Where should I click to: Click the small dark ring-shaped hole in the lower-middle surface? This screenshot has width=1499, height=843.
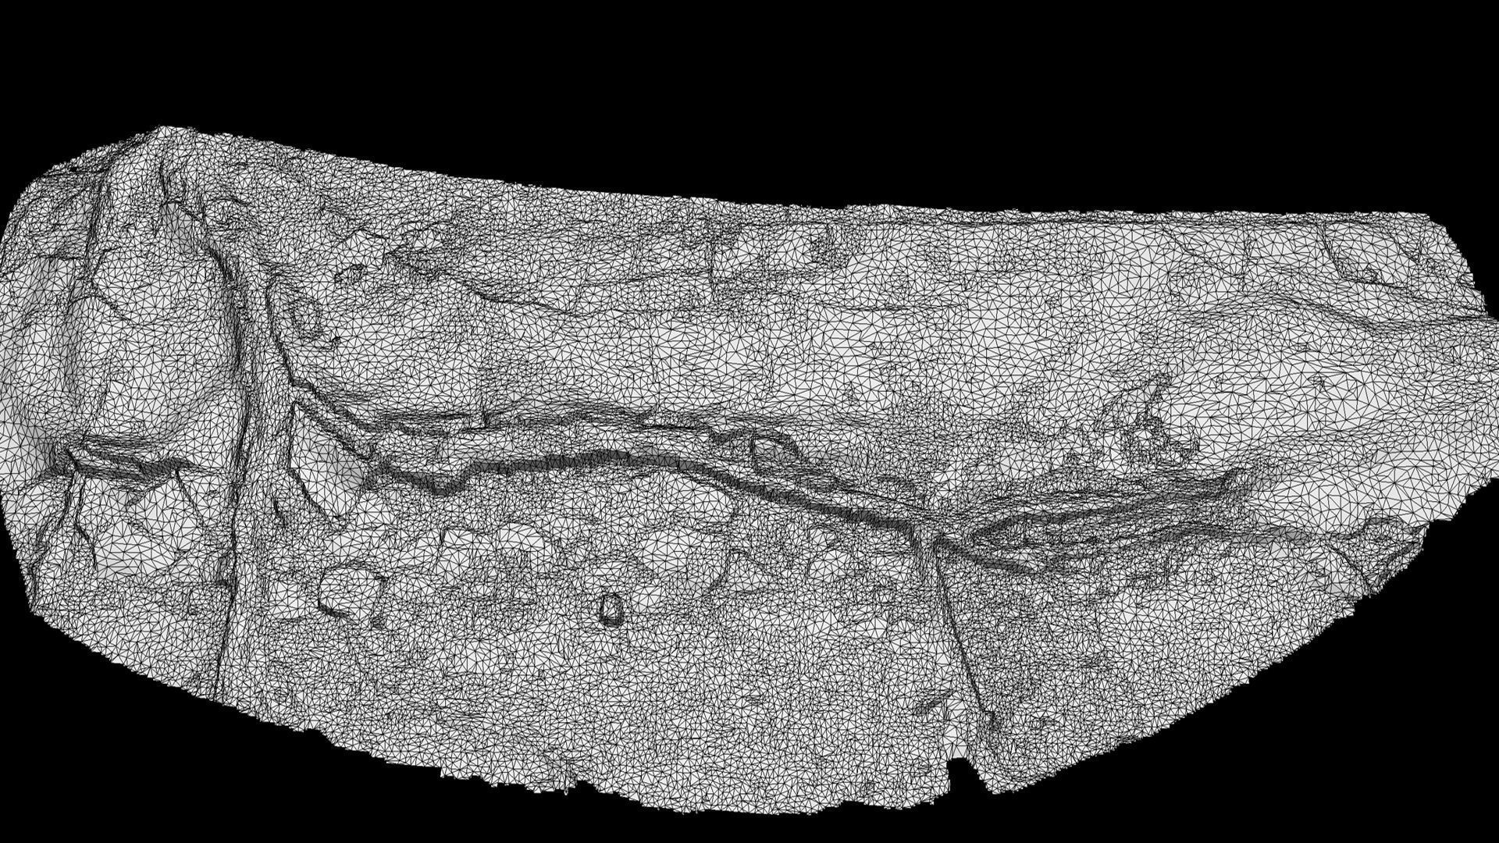(611, 608)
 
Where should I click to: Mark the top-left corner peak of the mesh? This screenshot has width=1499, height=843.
(160, 128)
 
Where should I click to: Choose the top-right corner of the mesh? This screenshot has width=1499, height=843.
(1429, 212)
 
